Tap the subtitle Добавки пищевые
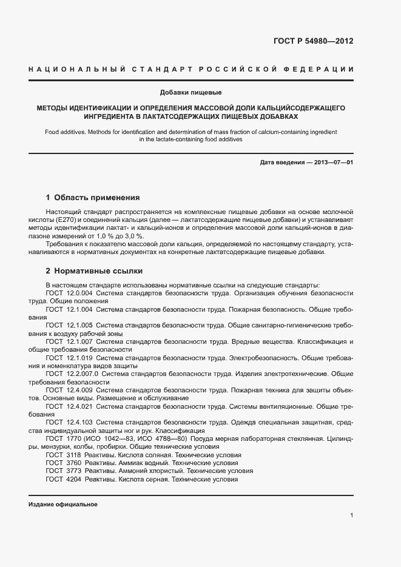[190, 93]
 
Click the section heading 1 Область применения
[93, 197]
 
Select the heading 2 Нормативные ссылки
[95, 270]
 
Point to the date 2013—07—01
[332, 163]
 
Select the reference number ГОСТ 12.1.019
[69, 358]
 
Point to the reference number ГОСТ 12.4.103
[69, 421]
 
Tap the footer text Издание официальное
[63, 505]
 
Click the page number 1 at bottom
[351, 515]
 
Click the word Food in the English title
[53, 131]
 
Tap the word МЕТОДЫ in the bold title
[52, 107]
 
